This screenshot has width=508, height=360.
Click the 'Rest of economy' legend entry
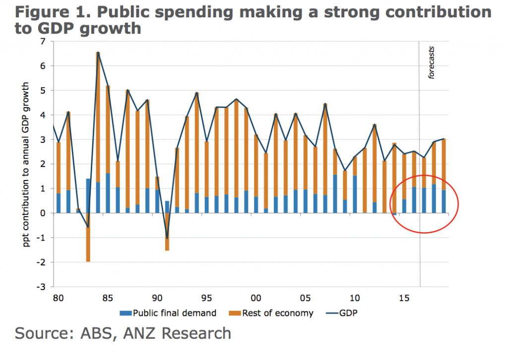272,313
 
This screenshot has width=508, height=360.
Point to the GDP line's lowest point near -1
167,239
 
